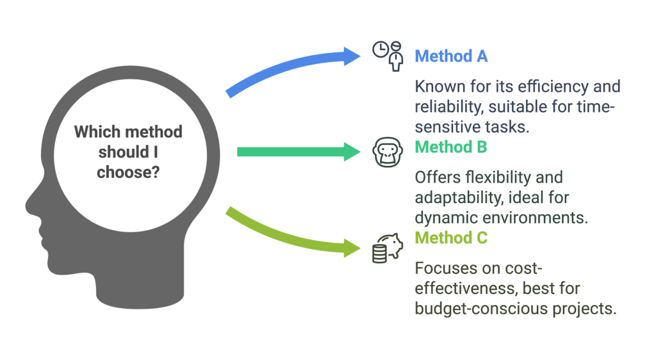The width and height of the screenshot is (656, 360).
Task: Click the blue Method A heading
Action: click(451, 56)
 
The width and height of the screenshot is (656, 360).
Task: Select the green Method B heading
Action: click(451, 147)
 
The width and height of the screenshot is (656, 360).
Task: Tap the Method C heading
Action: click(451, 238)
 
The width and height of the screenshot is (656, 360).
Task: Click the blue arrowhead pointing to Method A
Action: click(351, 56)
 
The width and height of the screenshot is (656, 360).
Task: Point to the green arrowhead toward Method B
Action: click(351, 152)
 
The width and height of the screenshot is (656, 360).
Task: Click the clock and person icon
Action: click(388, 56)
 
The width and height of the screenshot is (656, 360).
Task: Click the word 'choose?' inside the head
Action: click(128, 172)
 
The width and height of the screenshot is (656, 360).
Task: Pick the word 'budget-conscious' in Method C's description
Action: click(475, 308)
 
